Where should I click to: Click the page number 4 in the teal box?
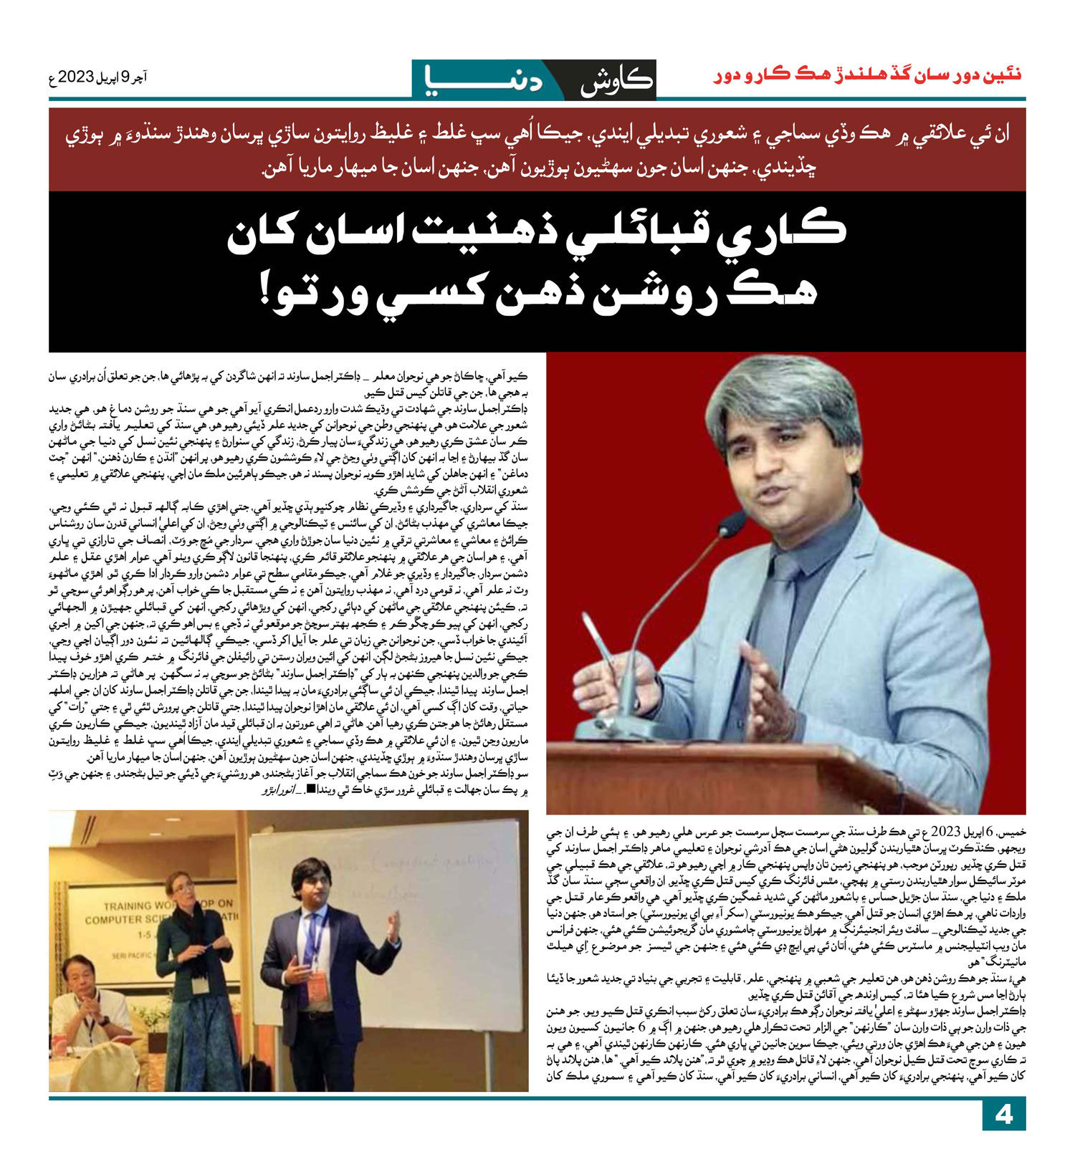click(1003, 1115)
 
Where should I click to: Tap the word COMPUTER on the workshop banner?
click(115, 919)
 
